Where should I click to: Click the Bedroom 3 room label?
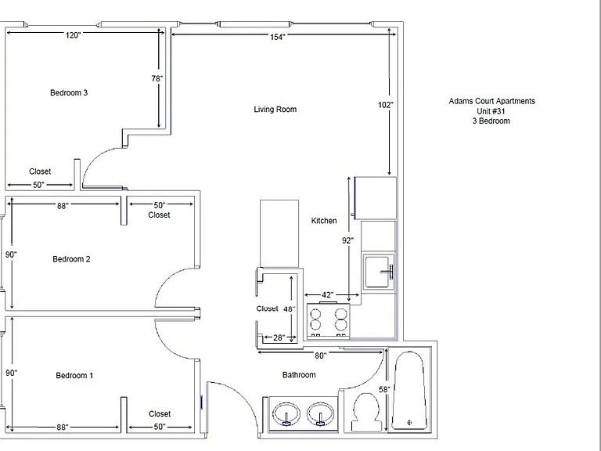[69, 93]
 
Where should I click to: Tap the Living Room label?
[275, 110]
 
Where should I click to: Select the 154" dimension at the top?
[278, 37]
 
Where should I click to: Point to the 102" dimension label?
[386, 105]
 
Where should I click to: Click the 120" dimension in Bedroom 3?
[73, 35]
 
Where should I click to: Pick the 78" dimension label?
[157, 78]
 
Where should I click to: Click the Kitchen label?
[324, 221]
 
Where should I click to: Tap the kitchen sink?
[379, 272]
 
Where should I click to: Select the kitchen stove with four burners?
[329, 320]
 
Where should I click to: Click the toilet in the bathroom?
[365, 412]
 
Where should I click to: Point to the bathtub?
[409, 390]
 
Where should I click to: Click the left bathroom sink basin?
[286, 413]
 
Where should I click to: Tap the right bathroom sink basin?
[320, 413]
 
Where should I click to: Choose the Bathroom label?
[299, 375]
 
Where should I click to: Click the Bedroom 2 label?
[72, 259]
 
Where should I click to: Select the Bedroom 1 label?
[74, 376]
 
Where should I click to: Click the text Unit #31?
[491, 111]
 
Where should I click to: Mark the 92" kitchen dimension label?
[347, 240]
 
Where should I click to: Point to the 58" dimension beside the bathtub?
[384, 390]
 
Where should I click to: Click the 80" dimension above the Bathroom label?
[320, 356]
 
